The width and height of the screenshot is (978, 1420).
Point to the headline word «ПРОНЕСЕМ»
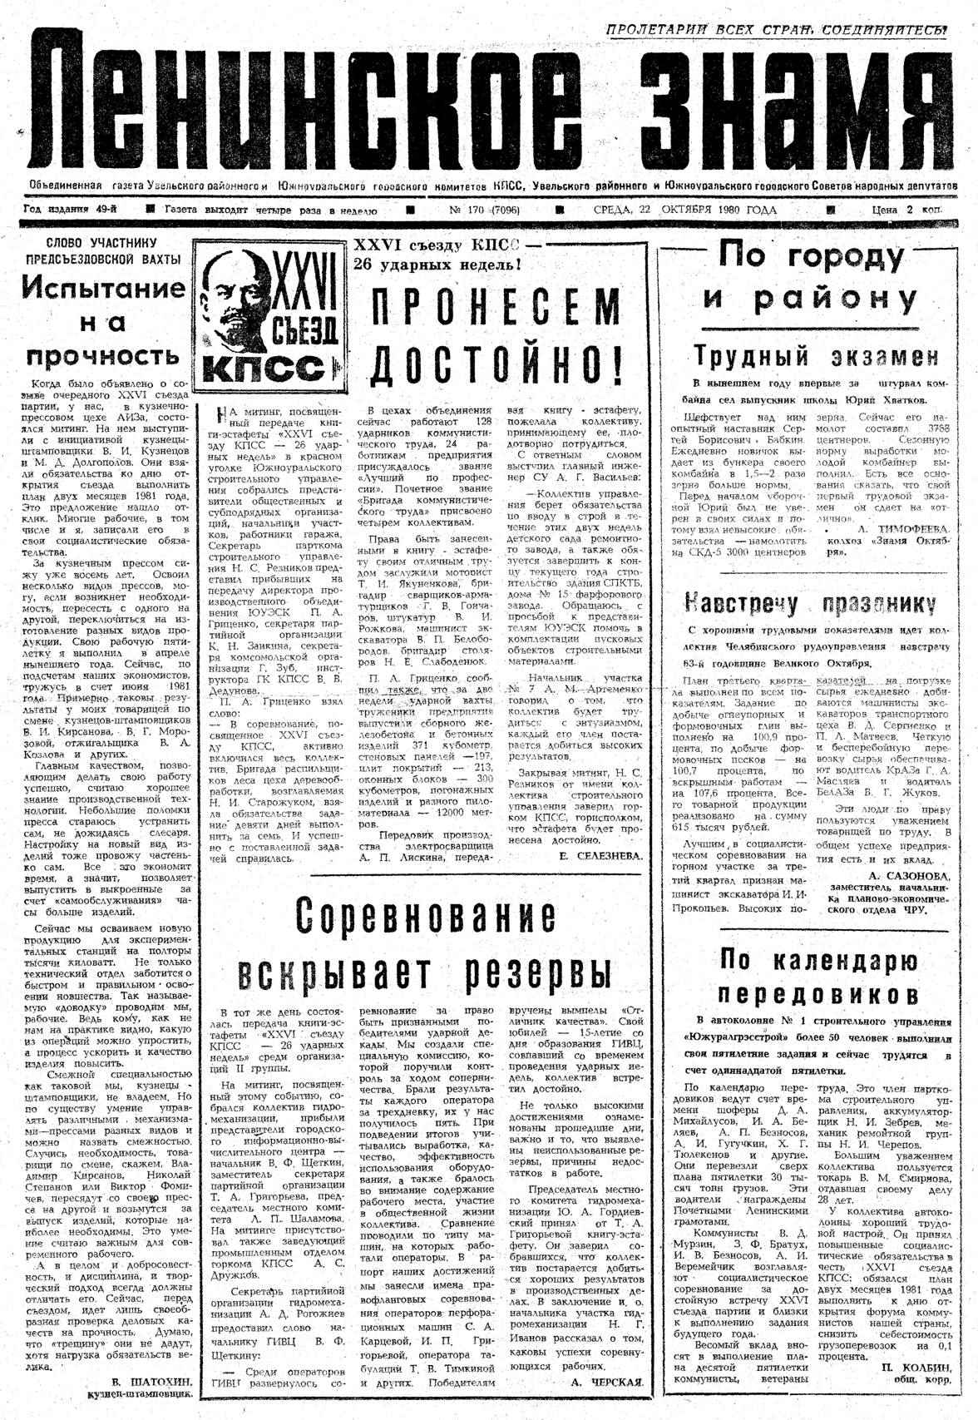[x=496, y=309]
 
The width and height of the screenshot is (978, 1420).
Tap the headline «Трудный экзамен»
[x=817, y=357]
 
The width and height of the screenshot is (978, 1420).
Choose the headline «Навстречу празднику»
[x=809, y=603]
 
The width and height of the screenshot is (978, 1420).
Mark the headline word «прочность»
[x=103, y=356]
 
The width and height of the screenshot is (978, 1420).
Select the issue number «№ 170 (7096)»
[x=485, y=210]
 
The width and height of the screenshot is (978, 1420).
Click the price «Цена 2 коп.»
[x=906, y=210]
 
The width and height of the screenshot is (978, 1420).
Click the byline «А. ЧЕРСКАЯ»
[x=607, y=1383]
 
